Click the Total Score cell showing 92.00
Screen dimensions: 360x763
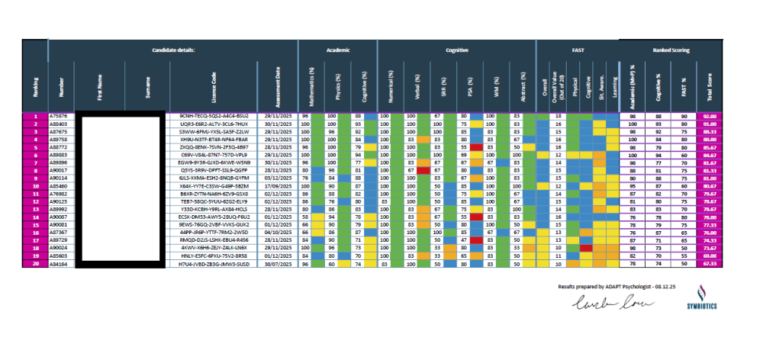(x=710, y=116)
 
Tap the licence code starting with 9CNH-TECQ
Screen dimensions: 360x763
(x=213, y=116)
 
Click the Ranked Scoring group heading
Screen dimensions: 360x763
(x=671, y=49)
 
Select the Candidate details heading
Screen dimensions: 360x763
(x=174, y=49)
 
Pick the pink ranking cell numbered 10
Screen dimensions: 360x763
(x=35, y=185)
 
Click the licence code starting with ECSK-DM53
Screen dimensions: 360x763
(x=213, y=216)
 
